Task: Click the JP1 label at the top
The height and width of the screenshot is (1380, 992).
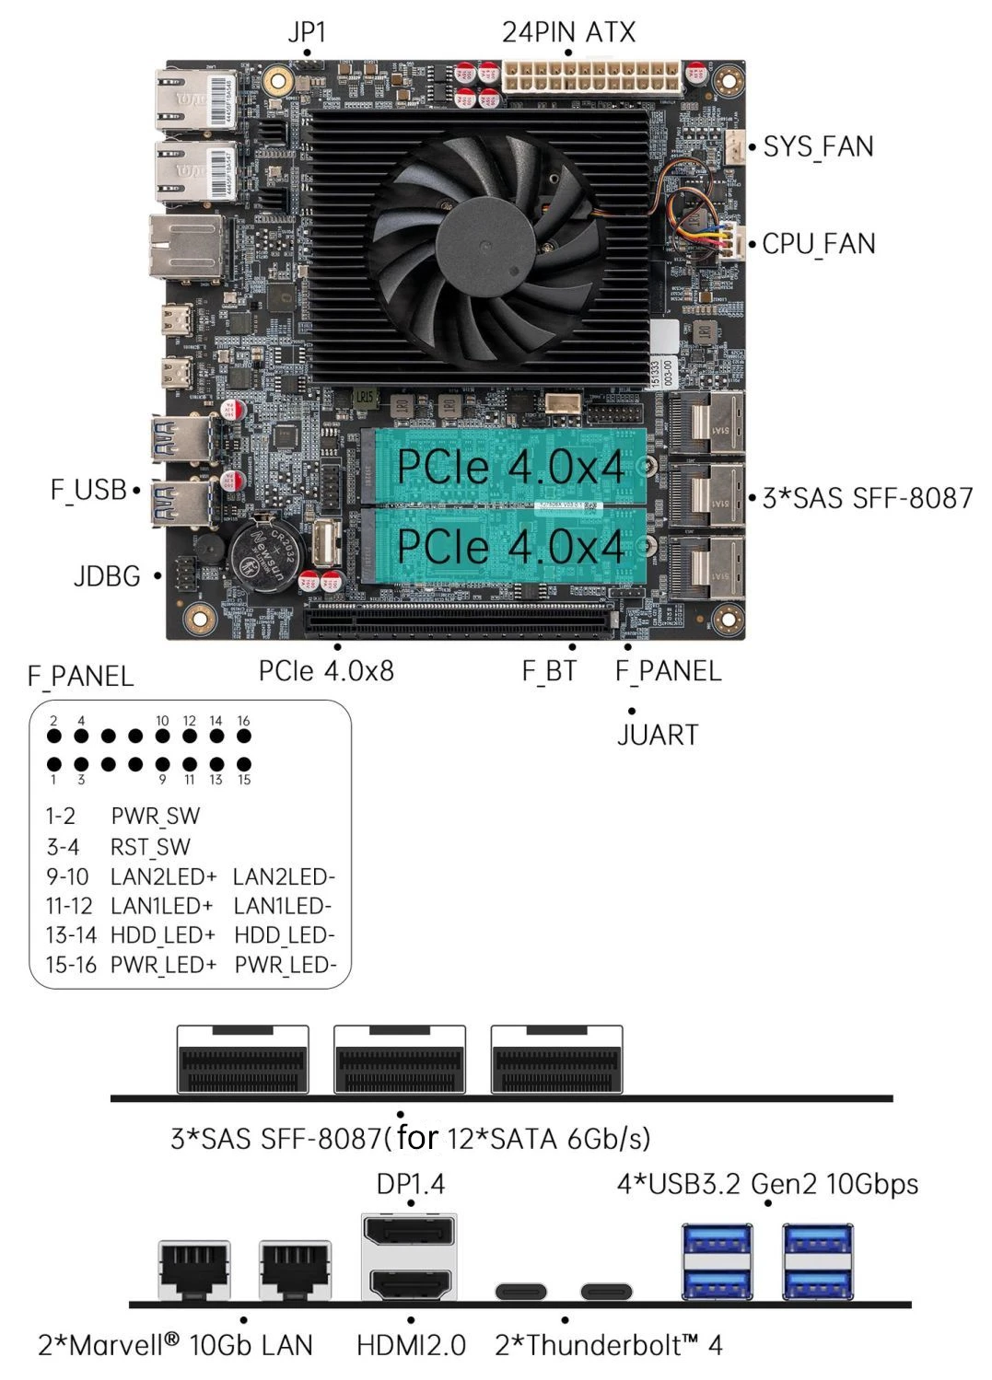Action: pos(307,32)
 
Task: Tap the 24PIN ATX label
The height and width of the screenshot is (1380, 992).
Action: pos(567,32)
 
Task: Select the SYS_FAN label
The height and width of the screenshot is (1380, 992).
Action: pos(818,147)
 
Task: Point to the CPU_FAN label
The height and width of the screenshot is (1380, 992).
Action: pos(819,244)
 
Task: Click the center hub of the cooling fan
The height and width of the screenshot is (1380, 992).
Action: pos(485,238)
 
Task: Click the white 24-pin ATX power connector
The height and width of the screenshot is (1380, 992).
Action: pos(591,77)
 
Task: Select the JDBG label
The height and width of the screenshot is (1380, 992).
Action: pos(107,576)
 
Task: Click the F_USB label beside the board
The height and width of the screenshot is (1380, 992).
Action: pos(88,491)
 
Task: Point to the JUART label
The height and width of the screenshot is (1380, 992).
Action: pos(658,735)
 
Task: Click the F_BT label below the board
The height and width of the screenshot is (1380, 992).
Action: pos(549,671)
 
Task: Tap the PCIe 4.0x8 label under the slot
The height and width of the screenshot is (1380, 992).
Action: pos(326,671)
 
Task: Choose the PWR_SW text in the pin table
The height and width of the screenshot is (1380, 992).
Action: pos(156,817)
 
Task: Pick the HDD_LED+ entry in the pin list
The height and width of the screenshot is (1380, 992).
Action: pos(163,935)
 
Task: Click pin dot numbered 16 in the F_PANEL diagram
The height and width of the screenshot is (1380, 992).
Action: pos(244,736)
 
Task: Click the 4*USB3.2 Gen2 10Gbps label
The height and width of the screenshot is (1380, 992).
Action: pos(767,1184)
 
